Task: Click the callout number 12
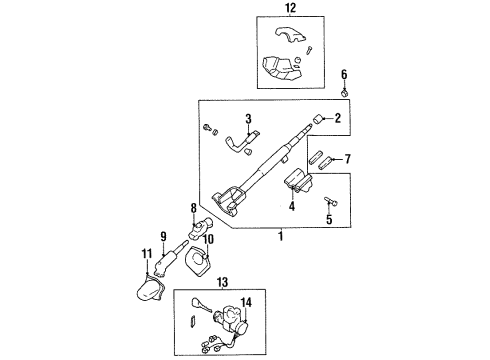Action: [290, 9]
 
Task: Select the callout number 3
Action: [247, 119]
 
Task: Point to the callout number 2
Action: [338, 119]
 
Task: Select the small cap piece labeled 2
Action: [317, 120]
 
